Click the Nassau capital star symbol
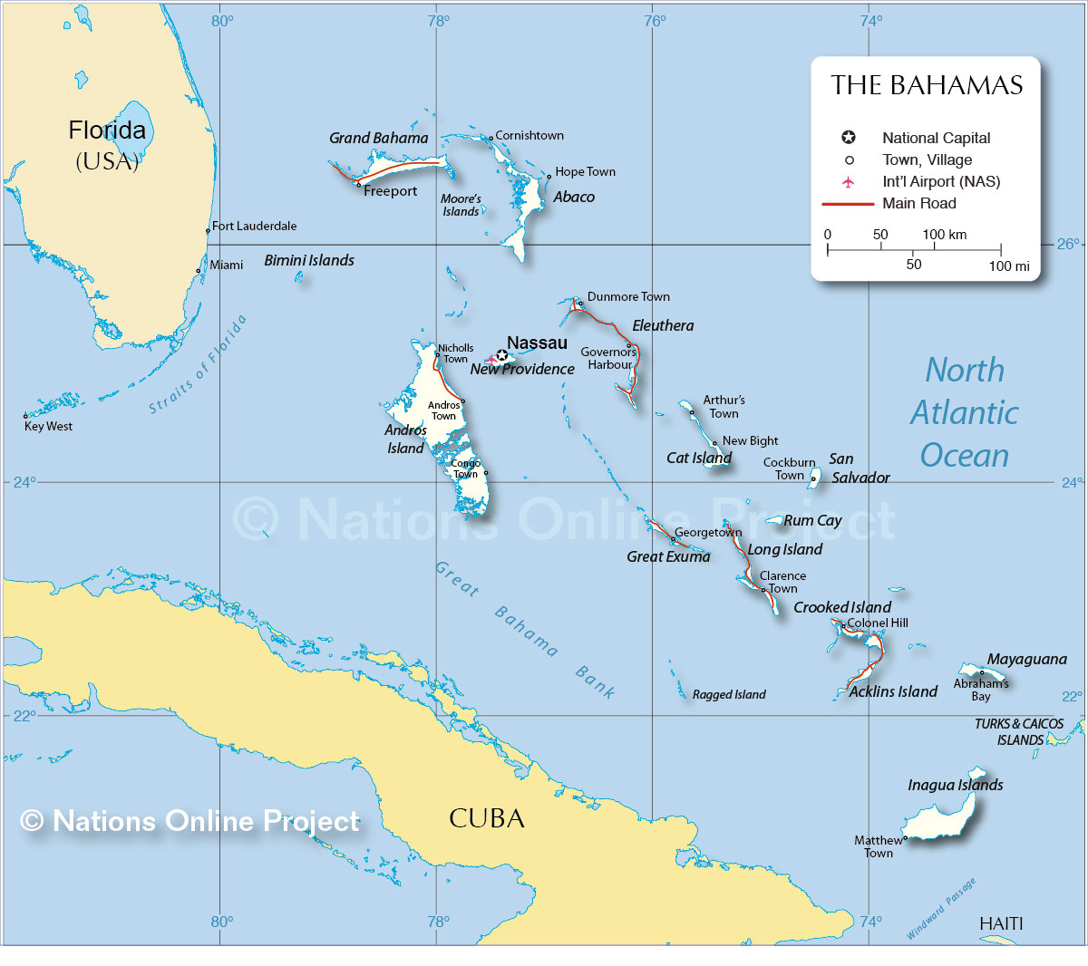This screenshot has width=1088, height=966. (502, 355)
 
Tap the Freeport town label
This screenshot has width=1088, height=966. (390, 191)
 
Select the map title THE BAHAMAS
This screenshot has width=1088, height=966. (927, 85)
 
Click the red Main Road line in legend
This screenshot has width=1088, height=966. (848, 204)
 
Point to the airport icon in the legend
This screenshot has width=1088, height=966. (848, 182)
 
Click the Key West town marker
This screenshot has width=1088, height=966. (25, 416)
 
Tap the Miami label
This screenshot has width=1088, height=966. (226, 266)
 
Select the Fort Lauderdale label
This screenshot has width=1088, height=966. (254, 226)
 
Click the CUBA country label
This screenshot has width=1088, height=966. (487, 818)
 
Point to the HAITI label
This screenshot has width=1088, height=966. (1001, 923)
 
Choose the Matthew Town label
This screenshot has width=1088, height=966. (878, 846)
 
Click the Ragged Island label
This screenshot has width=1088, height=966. (729, 695)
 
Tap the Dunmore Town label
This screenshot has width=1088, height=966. (628, 296)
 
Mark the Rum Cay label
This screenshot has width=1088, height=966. (812, 520)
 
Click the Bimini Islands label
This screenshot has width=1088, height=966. (309, 260)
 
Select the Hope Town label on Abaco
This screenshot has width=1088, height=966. (585, 171)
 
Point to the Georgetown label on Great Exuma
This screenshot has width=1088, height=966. (707, 533)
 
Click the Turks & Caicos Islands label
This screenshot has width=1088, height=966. (1019, 731)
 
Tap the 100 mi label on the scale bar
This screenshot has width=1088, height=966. (1008, 266)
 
